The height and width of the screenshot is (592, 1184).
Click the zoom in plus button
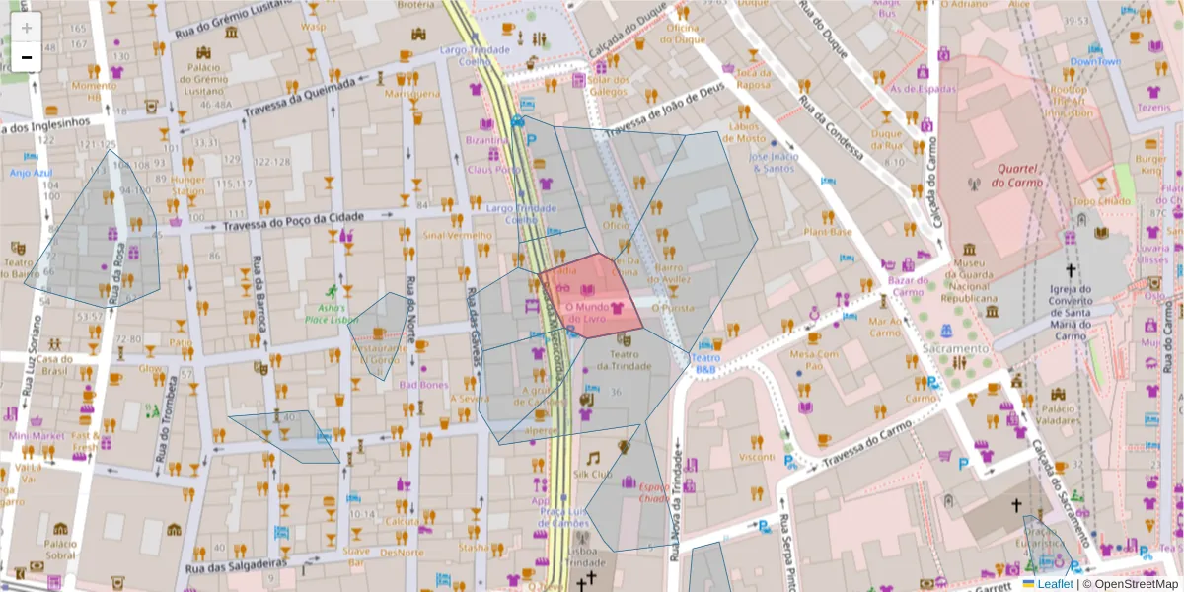point(27,27)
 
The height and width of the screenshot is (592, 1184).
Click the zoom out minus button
point(27,57)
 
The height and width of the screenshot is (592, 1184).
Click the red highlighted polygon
point(592,296)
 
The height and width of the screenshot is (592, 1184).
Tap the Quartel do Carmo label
point(1016,176)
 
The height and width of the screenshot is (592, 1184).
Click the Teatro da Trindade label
point(623,360)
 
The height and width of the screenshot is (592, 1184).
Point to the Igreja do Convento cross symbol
point(1070,270)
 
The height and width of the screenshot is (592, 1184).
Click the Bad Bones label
point(423,385)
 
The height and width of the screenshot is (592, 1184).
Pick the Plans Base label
point(827,233)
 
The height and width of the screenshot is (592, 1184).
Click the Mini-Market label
point(37,435)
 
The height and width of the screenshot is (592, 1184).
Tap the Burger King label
point(1149,165)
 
